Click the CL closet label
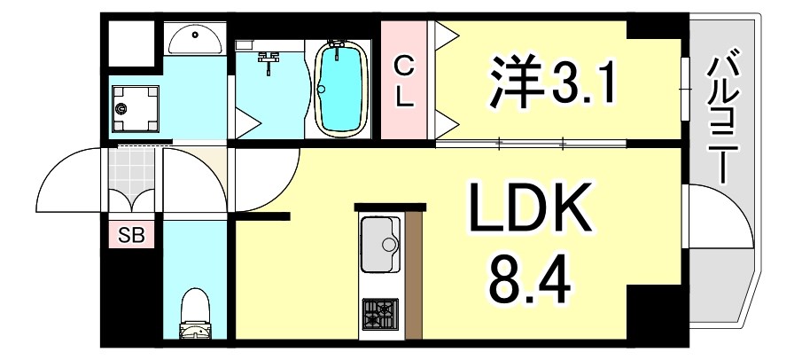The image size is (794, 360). pyautogui.click(x=403, y=81)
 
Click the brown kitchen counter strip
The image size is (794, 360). pyautogui.click(x=413, y=275)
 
